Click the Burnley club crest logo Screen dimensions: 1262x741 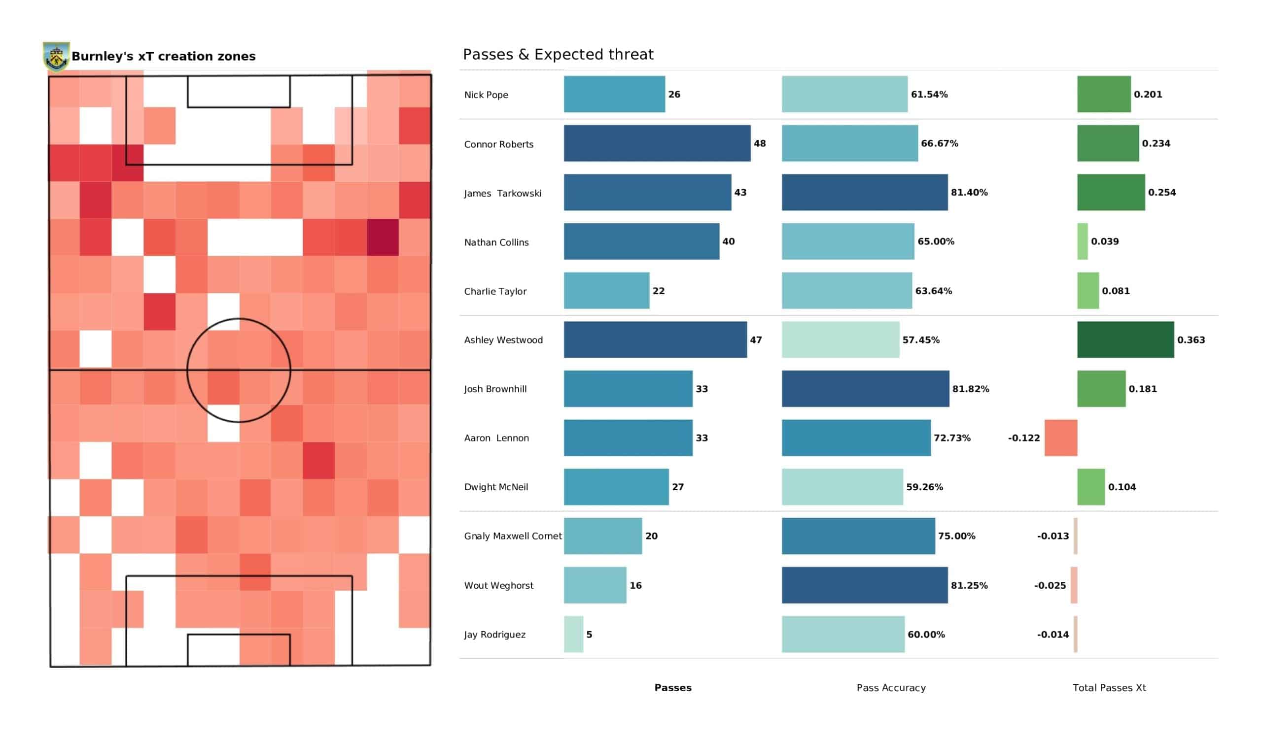[x=56, y=57]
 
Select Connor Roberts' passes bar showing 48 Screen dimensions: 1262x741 [x=657, y=143]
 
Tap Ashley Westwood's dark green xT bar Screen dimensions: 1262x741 [x=1125, y=339]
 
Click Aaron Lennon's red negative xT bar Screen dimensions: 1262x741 [x=1061, y=438]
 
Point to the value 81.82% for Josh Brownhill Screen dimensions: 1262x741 [x=971, y=389]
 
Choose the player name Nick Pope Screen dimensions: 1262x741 [x=486, y=95]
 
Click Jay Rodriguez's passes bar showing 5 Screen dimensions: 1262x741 [x=573, y=634]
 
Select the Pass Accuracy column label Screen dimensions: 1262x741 [x=891, y=688]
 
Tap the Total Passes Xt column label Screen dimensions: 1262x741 [x=1109, y=687]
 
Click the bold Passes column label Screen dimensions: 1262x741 [x=672, y=687]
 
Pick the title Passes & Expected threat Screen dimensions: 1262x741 [x=558, y=54]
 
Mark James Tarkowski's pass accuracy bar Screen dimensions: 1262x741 [x=864, y=192]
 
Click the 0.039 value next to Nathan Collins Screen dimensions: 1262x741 [x=1105, y=241]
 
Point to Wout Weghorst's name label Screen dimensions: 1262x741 [x=499, y=585]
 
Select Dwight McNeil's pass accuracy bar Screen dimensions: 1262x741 [x=842, y=487]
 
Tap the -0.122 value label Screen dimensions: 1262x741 [x=1023, y=438]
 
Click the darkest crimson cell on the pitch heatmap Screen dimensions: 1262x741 [x=383, y=237]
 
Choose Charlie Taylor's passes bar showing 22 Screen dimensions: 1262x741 [x=606, y=290]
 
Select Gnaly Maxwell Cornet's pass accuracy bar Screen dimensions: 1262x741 [x=858, y=536]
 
